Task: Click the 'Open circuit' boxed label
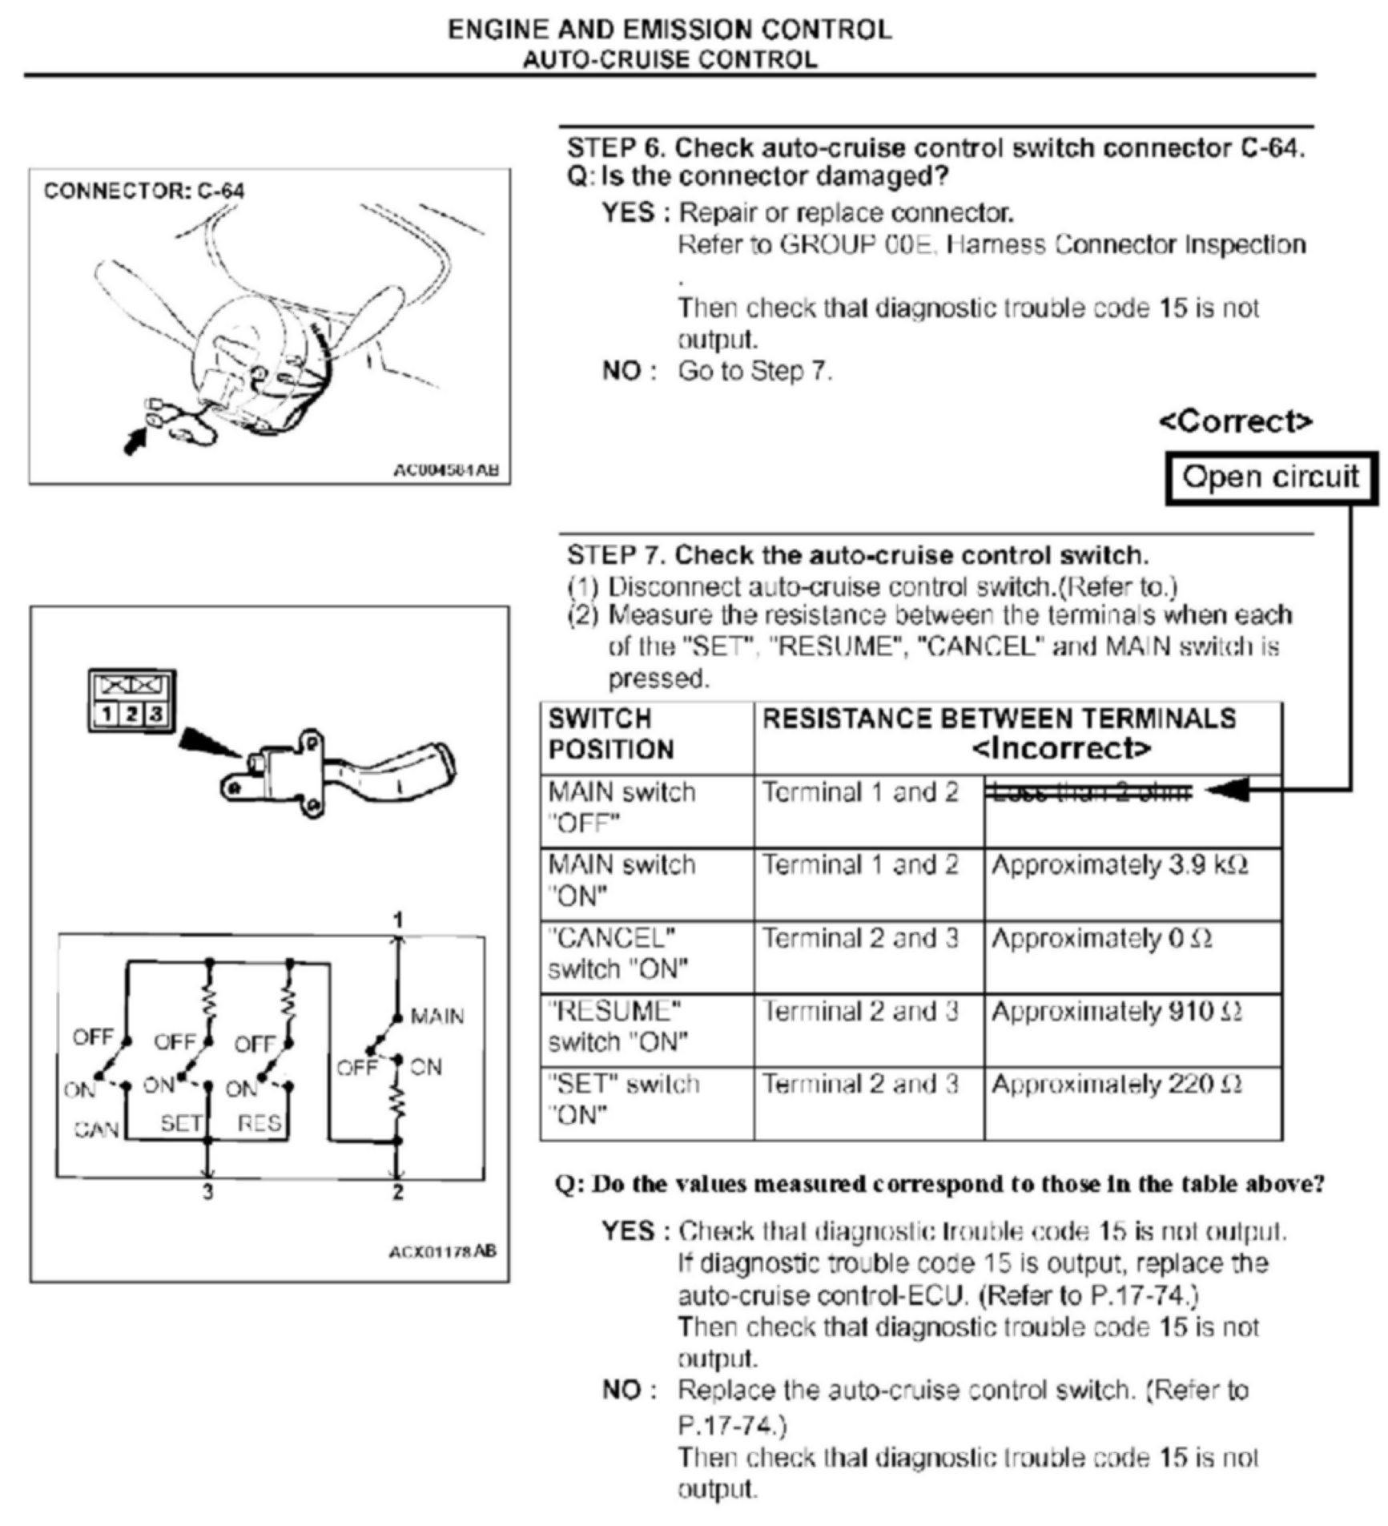[1270, 477]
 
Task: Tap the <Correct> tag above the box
[1235, 421]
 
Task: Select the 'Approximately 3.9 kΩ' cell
[1119, 866]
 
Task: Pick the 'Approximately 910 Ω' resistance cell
[1116, 1013]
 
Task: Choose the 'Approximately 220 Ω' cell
[1116, 1085]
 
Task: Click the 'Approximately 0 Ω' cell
[1101, 939]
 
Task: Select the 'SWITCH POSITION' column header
[610, 734]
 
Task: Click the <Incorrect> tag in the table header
[1061, 749]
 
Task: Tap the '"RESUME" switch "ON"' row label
[618, 1027]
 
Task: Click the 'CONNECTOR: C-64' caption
[144, 191]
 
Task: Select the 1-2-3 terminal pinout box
[131, 701]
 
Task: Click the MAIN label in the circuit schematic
[437, 1017]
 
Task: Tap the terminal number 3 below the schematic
[207, 1193]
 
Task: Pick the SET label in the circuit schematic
[181, 1123]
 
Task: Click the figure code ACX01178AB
[442, 1251]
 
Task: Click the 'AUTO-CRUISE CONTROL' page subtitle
[670, 60]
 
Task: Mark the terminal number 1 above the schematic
[398, 920]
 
